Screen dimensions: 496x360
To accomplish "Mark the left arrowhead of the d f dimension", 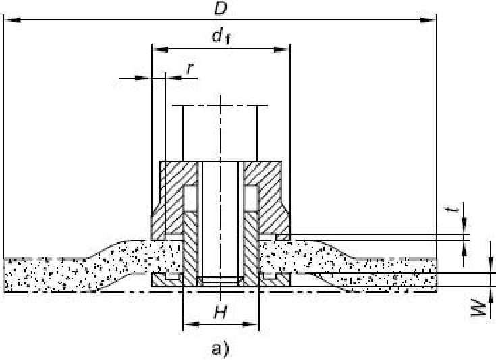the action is click(x=157, y=49).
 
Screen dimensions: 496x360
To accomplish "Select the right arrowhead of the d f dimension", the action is click(x=284, y=49).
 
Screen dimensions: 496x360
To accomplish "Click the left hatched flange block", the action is click(x=171, y=196).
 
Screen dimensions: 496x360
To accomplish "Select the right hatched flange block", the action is click(x=269, y=196).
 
